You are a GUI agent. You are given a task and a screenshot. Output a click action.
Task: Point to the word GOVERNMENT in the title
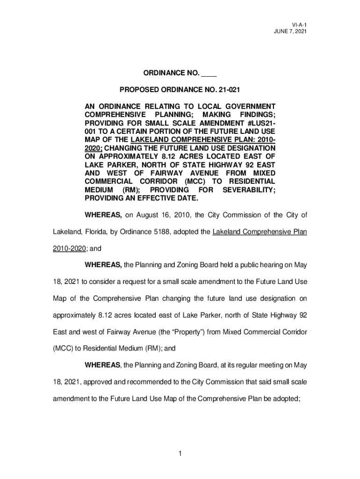[x=250, y=106]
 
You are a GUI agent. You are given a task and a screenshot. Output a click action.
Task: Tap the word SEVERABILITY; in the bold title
[x=249, y=190]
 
